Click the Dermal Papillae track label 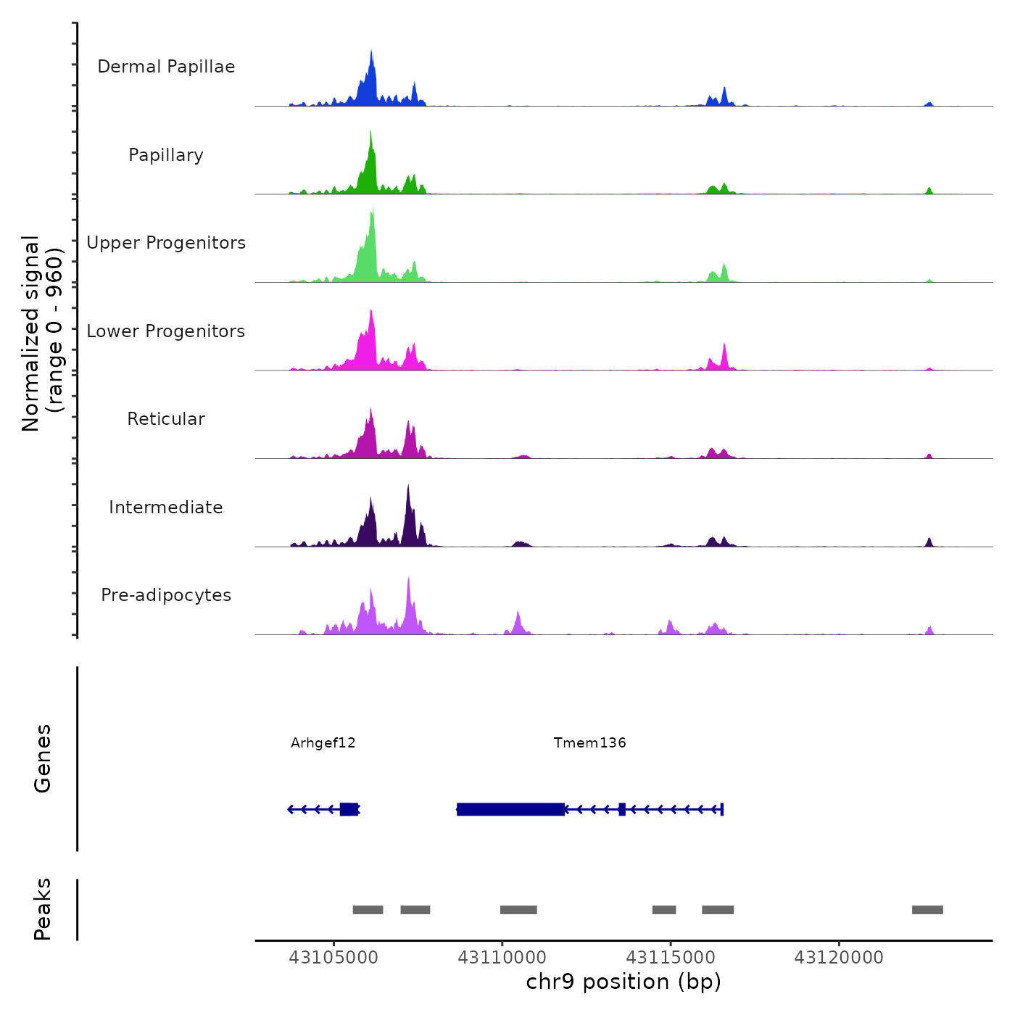(166, 67)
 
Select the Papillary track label (166, 155)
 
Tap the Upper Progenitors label (166, 243)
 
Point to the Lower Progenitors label (166, 331)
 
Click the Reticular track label (166, 419)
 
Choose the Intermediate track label (166, 507)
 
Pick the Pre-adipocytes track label (166, 595)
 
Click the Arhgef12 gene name (323, 742)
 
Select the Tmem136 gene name (589, 742)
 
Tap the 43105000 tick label (333, 958)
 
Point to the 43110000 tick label (502, 958)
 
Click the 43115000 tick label (671, 958)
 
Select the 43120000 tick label (839, 958)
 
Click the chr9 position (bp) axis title (623, 982)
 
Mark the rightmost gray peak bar (927, 910)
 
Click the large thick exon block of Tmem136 (511, 809)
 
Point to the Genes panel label (43, 758)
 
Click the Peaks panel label (43, 909)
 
